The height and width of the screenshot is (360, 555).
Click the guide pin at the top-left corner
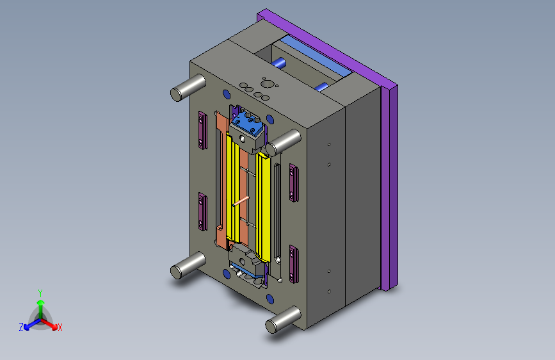tap(188, 88)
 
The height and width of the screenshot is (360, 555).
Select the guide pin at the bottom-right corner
tap(283, 320)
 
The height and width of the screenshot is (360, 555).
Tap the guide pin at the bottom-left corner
tap(188, 265)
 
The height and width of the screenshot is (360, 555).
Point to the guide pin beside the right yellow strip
tap(283, 142)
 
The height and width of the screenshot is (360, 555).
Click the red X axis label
tap(60, 327)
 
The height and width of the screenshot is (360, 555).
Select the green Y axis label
tap(40, 293)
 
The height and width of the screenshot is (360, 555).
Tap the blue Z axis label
tap(21, 327)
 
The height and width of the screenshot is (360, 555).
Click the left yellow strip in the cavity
tap(232, 187)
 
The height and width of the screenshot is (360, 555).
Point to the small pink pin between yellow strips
tap(241, 201)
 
